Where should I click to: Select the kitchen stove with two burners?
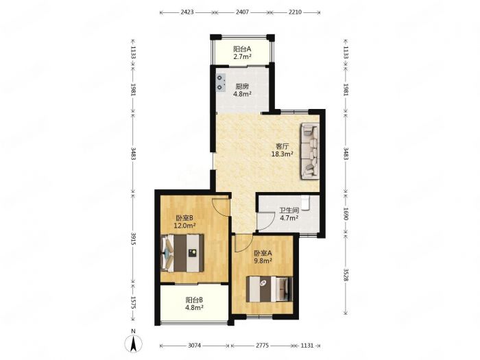[220, 83]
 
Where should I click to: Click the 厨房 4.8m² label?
[242, 91]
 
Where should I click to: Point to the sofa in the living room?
[310, 151]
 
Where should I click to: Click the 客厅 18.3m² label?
[283, 150]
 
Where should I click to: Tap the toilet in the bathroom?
[305, 203]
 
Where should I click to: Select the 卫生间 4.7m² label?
[289, 214]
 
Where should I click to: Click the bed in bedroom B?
[182, 253]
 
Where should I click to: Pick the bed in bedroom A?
[269, 289]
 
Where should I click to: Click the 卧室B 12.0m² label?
[184, 222]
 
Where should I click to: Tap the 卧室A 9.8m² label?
[263, 257]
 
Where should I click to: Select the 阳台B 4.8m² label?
[194, 304]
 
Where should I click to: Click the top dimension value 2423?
[187, 12]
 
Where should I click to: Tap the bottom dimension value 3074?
[194, 346]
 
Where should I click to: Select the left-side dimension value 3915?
[133, 239]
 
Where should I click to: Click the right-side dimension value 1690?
[346, 214]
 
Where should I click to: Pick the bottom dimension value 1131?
[307, 346]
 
